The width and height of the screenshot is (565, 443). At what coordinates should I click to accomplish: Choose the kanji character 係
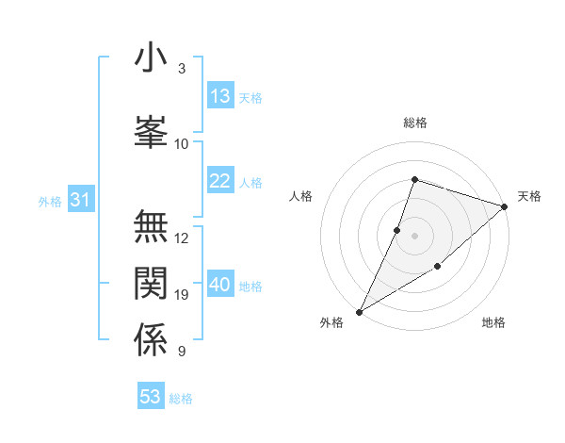pyautogui.click(x=151, y=339)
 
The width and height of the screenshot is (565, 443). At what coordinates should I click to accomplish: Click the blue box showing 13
pyautogui.click(x=220, y=96)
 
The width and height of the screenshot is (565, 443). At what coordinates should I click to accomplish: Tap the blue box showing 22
pyautogui.click(x=220, y=181)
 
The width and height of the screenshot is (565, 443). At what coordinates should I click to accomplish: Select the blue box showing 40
pyautogui.click(x=220, y=285)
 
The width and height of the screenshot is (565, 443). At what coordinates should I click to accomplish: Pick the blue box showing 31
pyautogui.click(x=80, y=200)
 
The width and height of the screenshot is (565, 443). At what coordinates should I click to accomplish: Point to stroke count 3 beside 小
pyautogui.click(x=182, y=69)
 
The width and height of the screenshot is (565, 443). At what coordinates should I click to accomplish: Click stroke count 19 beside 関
pyautogui.click(x=182, y=295)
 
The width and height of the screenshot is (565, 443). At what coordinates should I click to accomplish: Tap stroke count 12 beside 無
pyautogui.click(x=182, y=238)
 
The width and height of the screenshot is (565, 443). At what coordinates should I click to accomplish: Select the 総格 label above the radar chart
pyautogui.click(x=415, y=123)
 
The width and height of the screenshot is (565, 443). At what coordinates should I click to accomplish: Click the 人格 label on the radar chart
pyautogui.click(x=301, y=196)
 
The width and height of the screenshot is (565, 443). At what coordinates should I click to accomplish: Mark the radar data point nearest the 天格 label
pyautogui.click(x=505, y=206)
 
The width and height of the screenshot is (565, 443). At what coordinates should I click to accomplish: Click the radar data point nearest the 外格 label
pyautogui.click(x=359, y=312)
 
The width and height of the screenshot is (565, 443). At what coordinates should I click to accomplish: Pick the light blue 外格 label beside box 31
pyautogui.click(x=50, y=201)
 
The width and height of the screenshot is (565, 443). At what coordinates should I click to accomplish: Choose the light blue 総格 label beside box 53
pyautogui.click(x=181, y=399)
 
